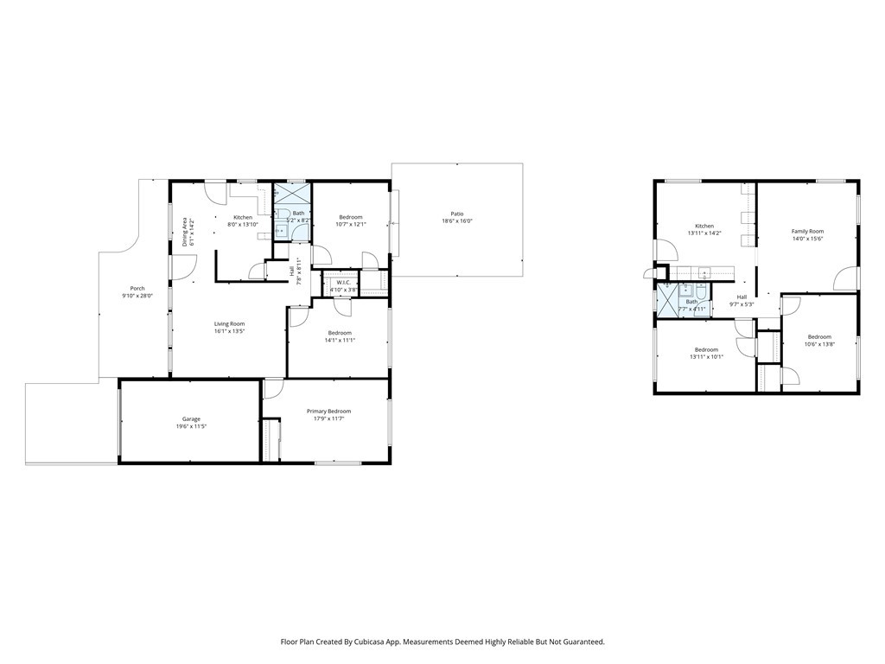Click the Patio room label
point(457,214)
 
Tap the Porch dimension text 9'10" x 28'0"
point(137,297)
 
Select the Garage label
point(191,419)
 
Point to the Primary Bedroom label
point(328,412)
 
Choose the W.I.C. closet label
point(343,282)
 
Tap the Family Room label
point(808,231)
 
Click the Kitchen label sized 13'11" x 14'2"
point(704,226)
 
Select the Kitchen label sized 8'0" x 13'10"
point(243,217)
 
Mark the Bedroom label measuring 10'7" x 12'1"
point(351,217)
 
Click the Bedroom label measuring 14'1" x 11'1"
point(340,333)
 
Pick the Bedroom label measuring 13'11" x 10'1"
point(706,349)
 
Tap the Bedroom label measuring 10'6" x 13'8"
point(819,336)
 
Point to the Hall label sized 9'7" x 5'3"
point(742,297)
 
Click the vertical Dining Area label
point(185,232)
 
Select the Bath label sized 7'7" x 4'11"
point(691,302)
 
